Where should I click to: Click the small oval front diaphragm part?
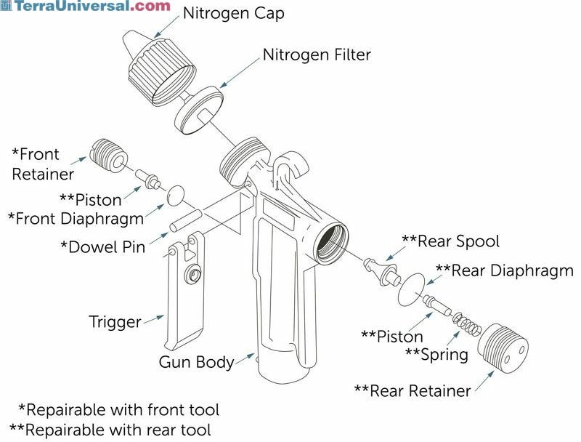(x=175, y=195)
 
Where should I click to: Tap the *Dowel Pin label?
(x=102, y=247)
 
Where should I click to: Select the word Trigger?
(x=115, y=321)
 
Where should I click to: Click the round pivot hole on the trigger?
(x=194, y=275)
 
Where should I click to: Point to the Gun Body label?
(x=196, y=362)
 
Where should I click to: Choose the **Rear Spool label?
(x=450, y=241)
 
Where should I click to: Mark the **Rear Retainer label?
(x=412, y=391)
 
